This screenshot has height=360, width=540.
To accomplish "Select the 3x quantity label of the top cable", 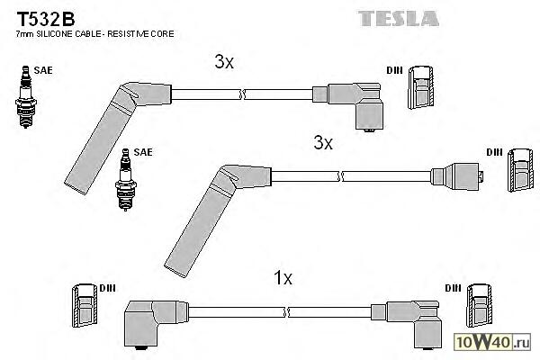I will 224,62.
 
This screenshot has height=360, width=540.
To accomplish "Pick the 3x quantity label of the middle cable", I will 323,142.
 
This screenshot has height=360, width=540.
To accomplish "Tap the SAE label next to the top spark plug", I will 41,67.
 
